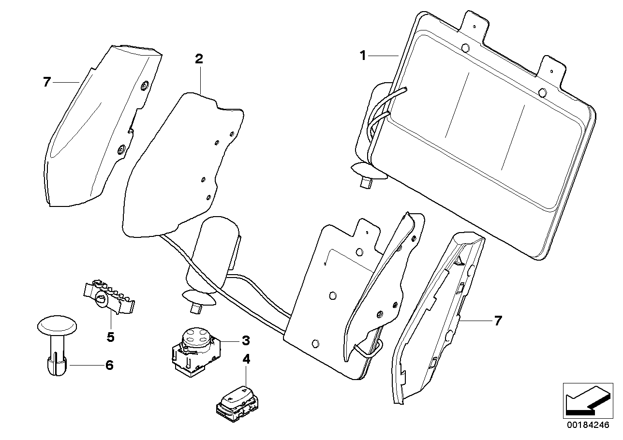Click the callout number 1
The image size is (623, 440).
point(363,56)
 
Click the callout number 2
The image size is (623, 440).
point(199,59)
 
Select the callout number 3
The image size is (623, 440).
point(246,340)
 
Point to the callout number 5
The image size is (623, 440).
point(110,337)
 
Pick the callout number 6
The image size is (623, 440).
point(109,365)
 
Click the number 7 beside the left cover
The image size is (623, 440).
point(46,82)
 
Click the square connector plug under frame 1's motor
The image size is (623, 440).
point(365,181)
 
